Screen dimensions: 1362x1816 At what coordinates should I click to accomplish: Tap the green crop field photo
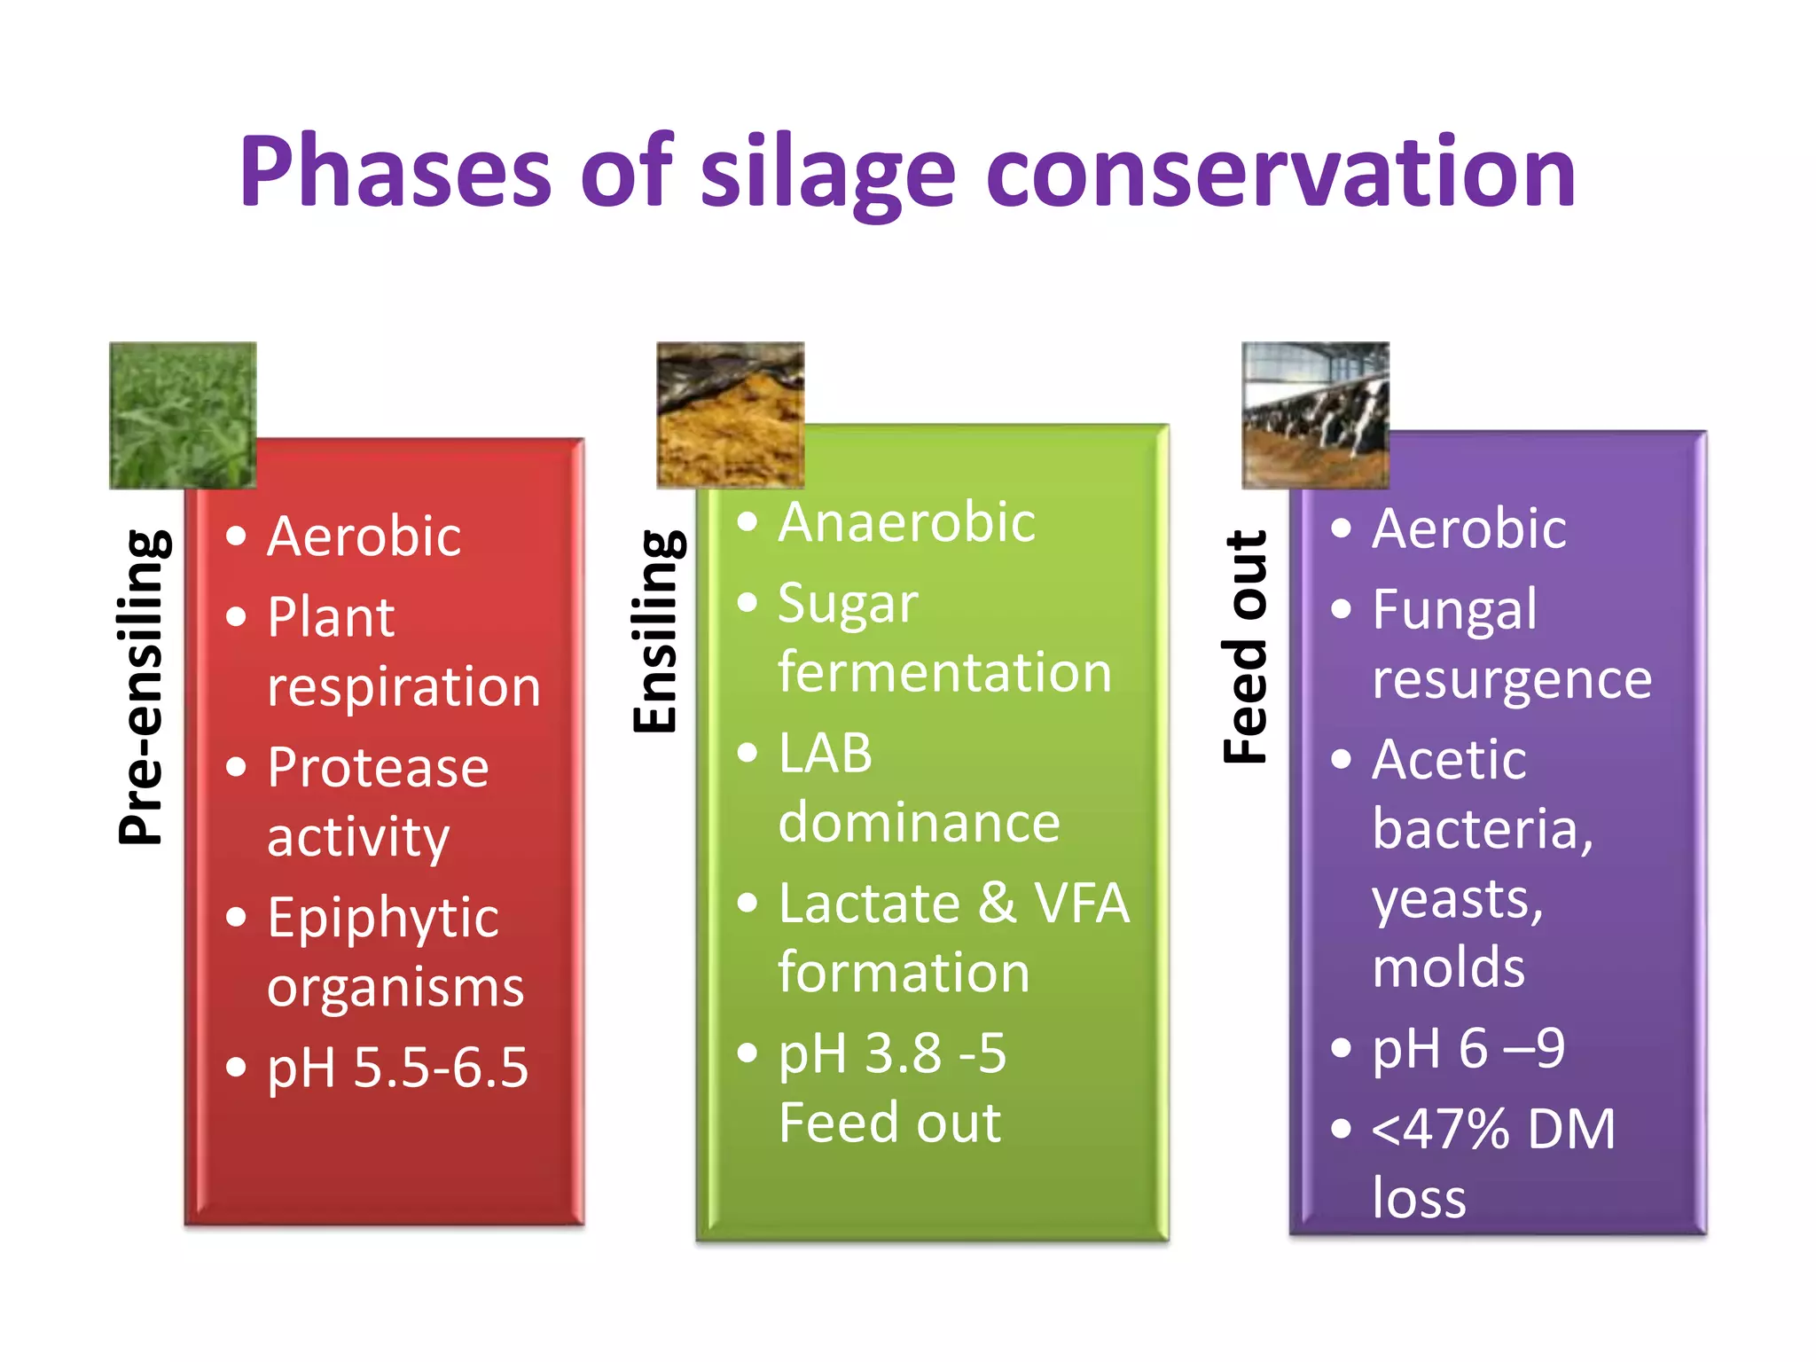click(183, 415)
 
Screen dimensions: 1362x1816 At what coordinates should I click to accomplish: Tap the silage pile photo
click(730, 415)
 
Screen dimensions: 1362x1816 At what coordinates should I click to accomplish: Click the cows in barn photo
click(1315, 415)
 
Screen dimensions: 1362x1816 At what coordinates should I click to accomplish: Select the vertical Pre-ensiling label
click(142, 686)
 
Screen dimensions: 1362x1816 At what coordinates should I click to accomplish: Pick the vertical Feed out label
click(1246, 646)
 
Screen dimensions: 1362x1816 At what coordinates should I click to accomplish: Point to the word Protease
click(378, 767)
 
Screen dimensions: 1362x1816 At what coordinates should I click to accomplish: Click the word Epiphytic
click(383, 918)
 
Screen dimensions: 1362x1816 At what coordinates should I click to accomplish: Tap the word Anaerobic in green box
click(906, 522)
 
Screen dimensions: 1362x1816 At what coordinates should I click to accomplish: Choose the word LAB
click(825, 754)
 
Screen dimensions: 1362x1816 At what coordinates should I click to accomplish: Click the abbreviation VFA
click(1081, 904)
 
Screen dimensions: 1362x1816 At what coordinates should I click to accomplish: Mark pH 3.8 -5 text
click(892, 1053)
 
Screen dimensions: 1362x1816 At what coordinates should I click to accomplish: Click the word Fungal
click(1454, 610)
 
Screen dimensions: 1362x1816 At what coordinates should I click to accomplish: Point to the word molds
click(1448, 967)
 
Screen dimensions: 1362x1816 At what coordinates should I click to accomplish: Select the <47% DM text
click(1493, 1130)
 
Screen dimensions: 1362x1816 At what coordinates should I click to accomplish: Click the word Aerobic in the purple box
click(1468, 529)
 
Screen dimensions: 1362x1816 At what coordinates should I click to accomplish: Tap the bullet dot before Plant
click(236, 616)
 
